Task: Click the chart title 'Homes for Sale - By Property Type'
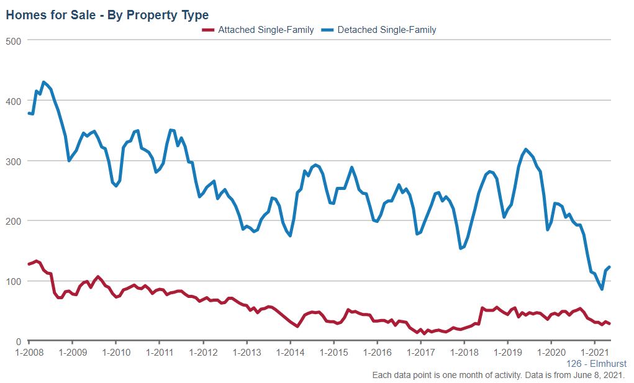tap(107, 15)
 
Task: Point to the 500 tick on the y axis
tap(14, 41)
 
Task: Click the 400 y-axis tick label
tap(14, 101)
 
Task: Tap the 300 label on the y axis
tap(14, 161)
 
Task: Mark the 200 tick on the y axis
tap(14, 221)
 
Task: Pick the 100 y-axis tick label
tap(14, 281)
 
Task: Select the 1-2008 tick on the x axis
tap(29, 352)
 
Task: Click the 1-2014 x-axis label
tap(290, 352)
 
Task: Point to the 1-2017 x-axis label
tap(420, 352)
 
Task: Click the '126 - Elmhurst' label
tap(597, 364)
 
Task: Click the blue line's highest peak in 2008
tap(43, 82)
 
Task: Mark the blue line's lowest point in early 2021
tap(602, 289)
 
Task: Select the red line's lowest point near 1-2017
tap(424, 333)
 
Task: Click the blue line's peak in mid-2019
tap(526, 149)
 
